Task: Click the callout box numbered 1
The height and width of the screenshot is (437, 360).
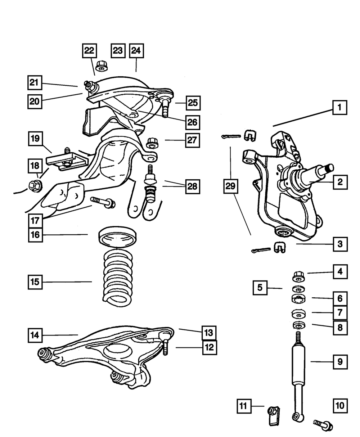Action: (339, 107)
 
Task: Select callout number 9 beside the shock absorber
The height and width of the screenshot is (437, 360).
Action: (339, 362)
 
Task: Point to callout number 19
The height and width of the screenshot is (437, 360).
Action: (36, 138)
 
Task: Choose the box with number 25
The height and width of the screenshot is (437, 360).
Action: (193, 103)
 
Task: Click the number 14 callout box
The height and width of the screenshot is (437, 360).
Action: (36, 336)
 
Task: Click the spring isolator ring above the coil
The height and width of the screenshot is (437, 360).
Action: (117, 238)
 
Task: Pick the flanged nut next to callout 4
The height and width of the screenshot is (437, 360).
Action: (298, 276)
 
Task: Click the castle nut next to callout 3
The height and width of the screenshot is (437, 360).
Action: (280, 248)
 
